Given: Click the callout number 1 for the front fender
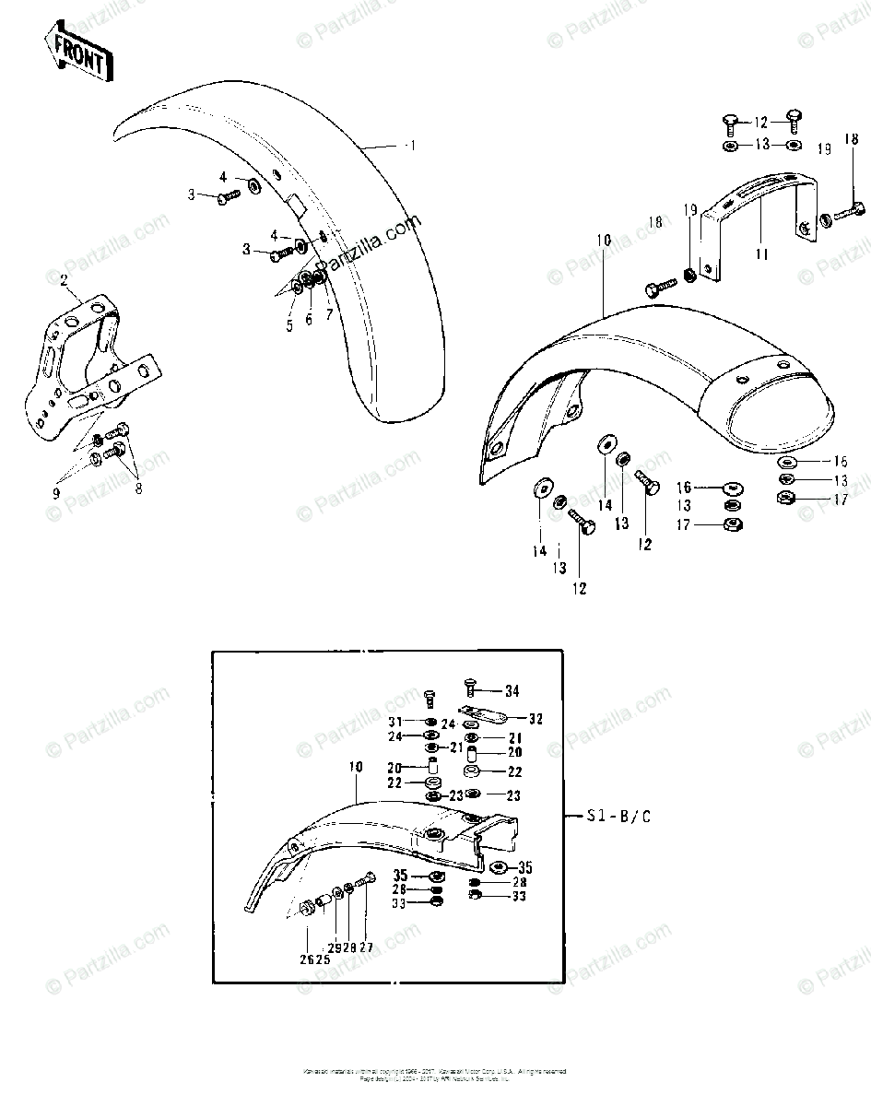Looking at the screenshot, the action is pos(412,146).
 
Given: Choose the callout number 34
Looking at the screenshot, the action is pos(512,690).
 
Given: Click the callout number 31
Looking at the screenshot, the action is pos(395,722).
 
